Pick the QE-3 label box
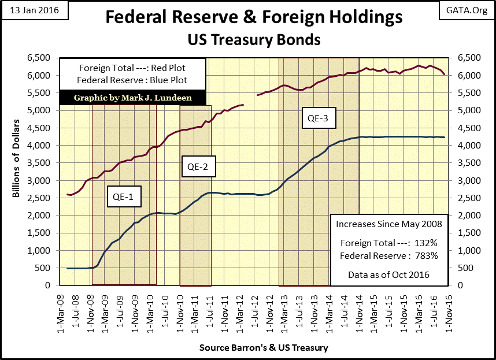317,120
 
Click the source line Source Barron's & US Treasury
264,348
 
